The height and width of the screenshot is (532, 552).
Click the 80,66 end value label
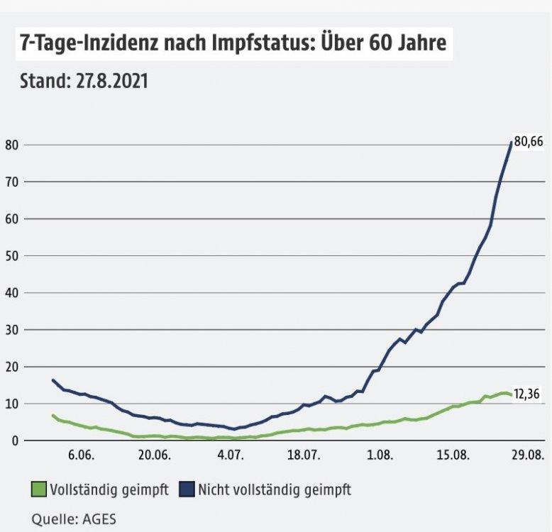(529, 142)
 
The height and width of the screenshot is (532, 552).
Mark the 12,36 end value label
(529, 394)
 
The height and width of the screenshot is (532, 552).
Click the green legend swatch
(39, 489)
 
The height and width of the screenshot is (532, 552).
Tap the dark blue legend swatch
(187, 489)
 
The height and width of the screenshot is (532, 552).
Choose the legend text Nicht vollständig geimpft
(275, 489)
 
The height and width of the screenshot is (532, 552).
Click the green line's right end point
(511, 395)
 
